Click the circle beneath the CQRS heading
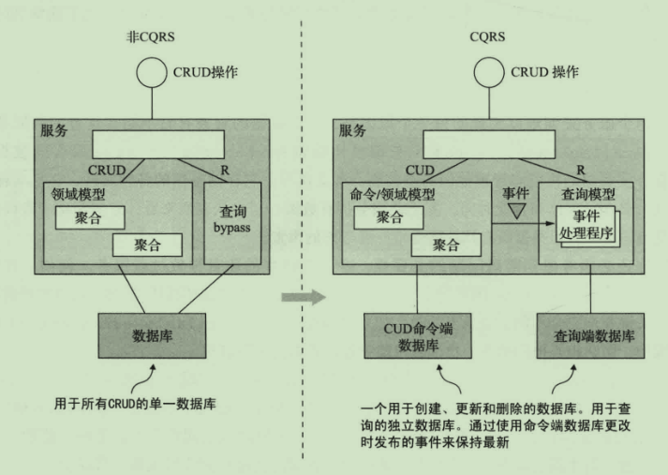488,74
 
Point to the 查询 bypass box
236,225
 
